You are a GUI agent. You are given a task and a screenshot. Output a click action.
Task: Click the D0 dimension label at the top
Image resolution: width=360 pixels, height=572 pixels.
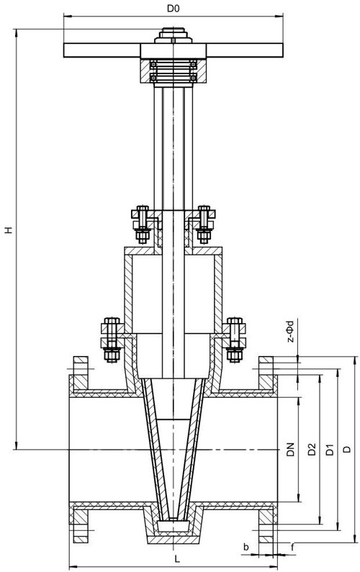174,9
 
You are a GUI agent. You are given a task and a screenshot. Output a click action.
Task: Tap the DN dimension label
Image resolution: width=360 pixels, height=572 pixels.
290,450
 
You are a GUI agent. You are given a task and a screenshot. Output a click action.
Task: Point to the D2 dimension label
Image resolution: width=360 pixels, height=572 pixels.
312,450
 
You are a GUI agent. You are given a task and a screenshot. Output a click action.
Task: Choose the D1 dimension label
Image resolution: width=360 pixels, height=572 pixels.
330,450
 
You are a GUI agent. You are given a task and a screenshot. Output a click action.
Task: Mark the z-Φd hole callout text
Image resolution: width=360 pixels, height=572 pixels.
290,331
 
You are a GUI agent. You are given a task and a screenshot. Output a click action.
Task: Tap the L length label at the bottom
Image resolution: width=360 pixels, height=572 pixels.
176,558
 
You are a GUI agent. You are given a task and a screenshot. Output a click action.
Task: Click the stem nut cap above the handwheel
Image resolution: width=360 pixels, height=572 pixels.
174,36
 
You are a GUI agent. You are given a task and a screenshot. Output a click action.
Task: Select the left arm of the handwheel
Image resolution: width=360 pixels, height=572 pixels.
102,50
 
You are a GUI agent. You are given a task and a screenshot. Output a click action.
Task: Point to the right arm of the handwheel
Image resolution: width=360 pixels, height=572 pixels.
245,50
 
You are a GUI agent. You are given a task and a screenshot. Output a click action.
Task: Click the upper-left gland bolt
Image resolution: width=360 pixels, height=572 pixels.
143,224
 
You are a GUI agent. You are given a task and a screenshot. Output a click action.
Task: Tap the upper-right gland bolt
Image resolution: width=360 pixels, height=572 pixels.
204,224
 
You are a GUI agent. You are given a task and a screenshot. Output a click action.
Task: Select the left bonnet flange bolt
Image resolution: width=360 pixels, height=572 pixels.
112,340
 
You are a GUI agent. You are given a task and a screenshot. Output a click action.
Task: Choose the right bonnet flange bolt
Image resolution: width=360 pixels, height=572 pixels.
235,340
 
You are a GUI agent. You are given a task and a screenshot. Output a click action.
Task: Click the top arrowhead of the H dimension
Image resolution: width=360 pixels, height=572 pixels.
16,33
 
